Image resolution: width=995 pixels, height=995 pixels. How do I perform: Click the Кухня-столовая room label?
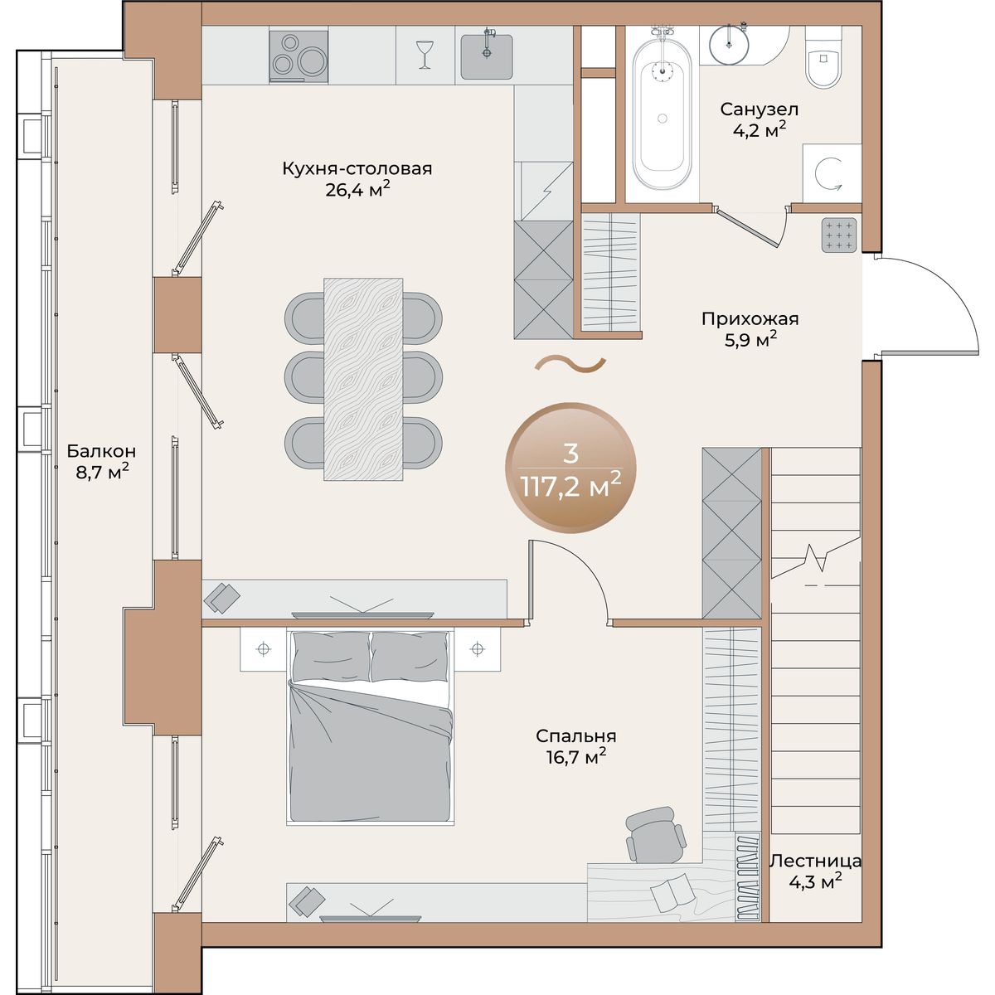(357, 169)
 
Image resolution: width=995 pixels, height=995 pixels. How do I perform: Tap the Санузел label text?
(759, 109)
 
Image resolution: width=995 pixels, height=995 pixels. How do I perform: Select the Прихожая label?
(750, 318)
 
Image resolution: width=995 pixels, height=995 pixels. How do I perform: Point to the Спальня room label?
(575, 735)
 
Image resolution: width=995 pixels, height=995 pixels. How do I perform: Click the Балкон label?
(101, 451)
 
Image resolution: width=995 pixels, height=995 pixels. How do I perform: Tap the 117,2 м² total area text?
(571, 486)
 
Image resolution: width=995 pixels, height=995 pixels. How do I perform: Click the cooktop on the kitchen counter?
(298, 56)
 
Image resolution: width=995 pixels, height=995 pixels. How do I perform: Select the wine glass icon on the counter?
(425, 54)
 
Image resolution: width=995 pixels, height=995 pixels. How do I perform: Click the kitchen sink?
(487, 56)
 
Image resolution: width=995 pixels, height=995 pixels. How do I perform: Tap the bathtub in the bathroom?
(662, 115)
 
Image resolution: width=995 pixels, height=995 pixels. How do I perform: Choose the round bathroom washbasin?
(729, 43)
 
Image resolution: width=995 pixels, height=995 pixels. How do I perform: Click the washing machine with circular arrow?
(832, 173)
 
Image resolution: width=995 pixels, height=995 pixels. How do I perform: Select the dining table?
(363, 380)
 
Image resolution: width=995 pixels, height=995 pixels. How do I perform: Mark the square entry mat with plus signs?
(839, 235)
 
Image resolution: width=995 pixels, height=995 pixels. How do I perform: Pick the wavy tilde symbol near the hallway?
(570, 365)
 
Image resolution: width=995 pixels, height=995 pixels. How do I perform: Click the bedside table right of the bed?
(478, 648)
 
